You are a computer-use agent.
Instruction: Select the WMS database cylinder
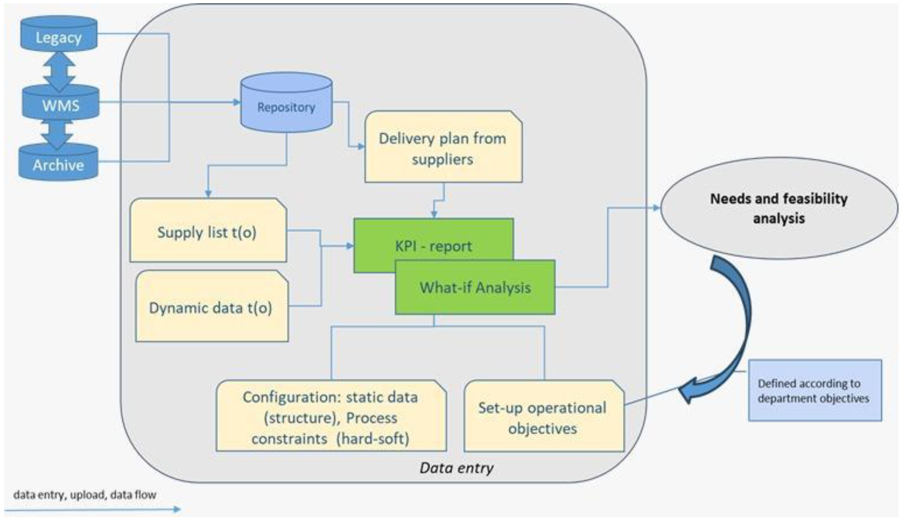pos(60,103)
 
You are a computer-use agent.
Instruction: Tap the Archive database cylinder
pos(58,163)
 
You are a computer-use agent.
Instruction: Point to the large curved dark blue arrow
pos(739,323)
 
